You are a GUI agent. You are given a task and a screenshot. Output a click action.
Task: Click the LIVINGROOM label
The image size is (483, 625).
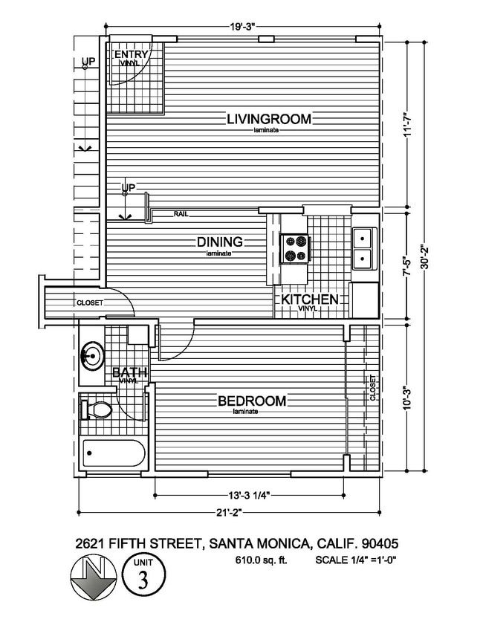coord(269,118)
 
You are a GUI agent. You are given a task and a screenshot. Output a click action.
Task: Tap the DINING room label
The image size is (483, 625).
coord(220,242)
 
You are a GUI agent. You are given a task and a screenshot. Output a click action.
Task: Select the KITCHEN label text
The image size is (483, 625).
coord(310,299)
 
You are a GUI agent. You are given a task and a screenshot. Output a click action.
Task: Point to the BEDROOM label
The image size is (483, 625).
coord(251,401)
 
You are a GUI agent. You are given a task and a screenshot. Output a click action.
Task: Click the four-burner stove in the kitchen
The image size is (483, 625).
coord(294,248)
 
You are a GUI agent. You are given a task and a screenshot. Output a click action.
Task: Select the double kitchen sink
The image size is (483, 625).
coord(363,249)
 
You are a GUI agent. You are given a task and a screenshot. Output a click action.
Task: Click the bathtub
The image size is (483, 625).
coord(113,450)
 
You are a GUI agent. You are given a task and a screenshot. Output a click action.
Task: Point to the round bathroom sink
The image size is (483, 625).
coord(92,355)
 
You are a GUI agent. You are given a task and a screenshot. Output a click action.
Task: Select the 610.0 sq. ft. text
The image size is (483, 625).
coord(254,560)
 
